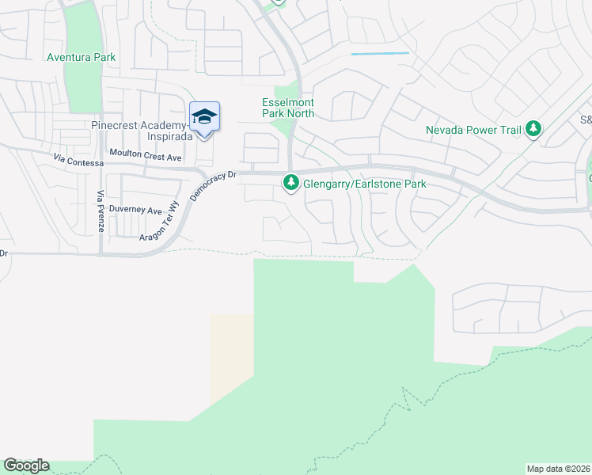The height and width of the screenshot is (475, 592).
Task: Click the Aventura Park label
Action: pyautogui.click(x=81, y=57)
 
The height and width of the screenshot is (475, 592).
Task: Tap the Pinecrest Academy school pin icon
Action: pyautogui.click(x=204, y=117)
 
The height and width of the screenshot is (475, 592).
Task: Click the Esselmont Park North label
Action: pyautogui.click(x=288, y=108)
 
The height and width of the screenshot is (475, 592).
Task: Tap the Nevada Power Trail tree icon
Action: pyautogui.click(x=533, y=128)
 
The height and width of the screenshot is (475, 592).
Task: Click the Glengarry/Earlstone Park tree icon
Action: pyautogui.click(x=291, y=184)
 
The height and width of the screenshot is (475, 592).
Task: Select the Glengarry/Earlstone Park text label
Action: pyautogui.click(x=365, y=184)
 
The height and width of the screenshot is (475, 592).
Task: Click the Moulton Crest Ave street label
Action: pyautogui.click(x=146, y=158)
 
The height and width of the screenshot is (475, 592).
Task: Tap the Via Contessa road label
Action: pyautogui.click(x=78, y=161)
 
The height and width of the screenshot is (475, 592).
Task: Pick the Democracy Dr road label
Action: pyautogui.click(x=211, y=184)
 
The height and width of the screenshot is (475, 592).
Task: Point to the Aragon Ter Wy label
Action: pyautogui.click(x=165, y=231)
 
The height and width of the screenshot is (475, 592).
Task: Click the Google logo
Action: pyautogui.click(x=26, y=465)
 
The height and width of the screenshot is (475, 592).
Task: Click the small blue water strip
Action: pyautogui.click(x=380, y=54)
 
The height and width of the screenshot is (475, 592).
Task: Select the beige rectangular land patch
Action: pyautogui.click(x=232, y=356)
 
